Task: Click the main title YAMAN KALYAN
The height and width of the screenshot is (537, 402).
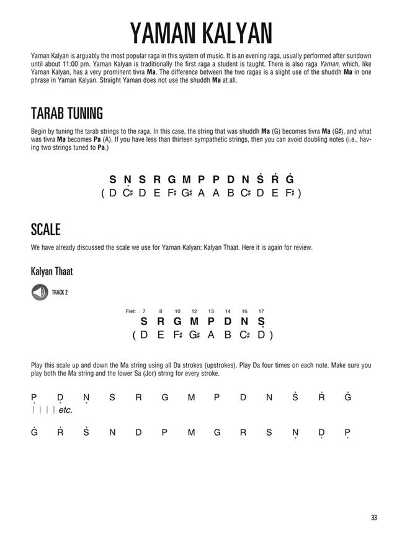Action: [201, 32]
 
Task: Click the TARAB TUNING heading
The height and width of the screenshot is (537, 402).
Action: [66, 114]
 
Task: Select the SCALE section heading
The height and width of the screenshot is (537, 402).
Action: [45, 229]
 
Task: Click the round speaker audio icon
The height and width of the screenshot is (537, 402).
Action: [39, 291]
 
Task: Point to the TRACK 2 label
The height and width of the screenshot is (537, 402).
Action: [60, 292]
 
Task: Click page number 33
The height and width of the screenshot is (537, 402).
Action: [373, 517]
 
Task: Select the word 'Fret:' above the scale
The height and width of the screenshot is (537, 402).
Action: [130, 311]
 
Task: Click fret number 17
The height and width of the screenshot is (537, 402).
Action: [261, 311]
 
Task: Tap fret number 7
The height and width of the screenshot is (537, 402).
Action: [144, 311]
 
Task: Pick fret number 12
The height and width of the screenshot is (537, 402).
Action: [194, 311]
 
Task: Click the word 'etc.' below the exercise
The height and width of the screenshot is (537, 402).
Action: [65, 410]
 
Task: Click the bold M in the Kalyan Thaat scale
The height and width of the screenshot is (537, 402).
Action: [194, 322]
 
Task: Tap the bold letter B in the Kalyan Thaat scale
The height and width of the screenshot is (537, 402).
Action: [228, 335]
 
